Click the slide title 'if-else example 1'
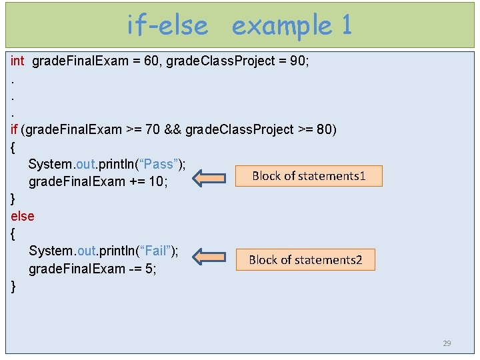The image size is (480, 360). coord(239,25)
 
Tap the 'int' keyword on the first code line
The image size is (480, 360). coord(18,61)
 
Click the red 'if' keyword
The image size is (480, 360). coord(15,129)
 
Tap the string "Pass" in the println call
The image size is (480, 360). coord(158,164)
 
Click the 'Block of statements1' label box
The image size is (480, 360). coord(309,176)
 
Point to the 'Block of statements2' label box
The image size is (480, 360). coord(305,259)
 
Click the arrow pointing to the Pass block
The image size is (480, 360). coord(209,177)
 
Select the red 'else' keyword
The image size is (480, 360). coord(23,216)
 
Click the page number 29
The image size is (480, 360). coord(447,343)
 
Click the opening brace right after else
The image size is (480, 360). coord(13,234)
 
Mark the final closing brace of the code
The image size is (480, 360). coord(13,287)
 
